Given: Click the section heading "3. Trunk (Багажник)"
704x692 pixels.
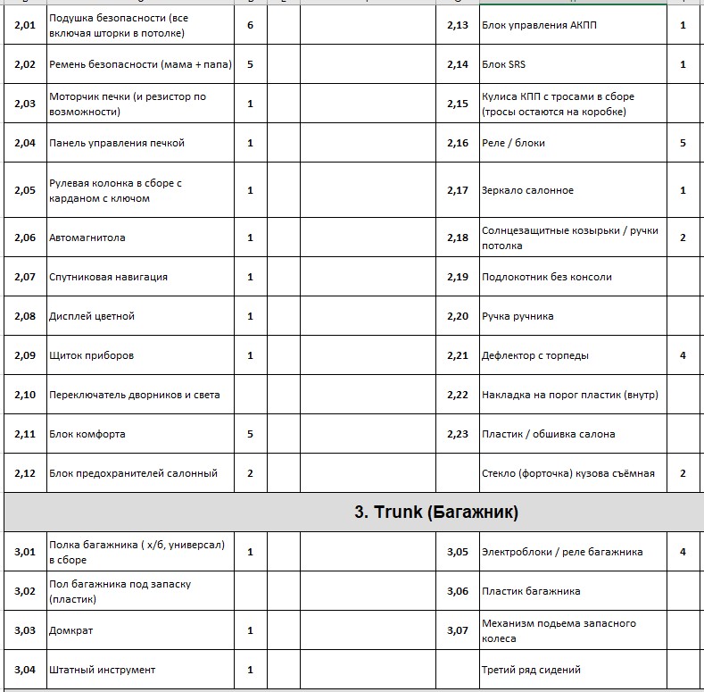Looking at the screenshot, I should pyautogui.click(x=437, y=513).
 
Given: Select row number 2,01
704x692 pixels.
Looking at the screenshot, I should pyautogui.click(x=25, y=25).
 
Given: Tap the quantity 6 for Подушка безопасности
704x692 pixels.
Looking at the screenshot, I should pyautogui.click(x=250, y=25).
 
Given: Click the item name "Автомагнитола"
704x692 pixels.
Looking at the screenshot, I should pyautogui.click(x=87, y=238).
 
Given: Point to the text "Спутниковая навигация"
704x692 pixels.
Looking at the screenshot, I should pyautogui.click(x=108, y=277).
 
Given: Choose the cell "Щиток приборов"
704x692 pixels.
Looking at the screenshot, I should pyautogui.click(x=92, y=355).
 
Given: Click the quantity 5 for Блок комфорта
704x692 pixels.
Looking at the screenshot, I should pyautogui.click(x=250, y=434).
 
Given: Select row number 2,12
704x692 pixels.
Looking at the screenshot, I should pyautogui.click(x=25, y=473).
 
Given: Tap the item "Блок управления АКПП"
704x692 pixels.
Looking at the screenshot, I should pyautogui.click(x=539, y=25).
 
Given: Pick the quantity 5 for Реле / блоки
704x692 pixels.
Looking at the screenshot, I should pyautogui.click(x=683, y=143).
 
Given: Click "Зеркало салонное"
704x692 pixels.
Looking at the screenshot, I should pyautogui.click(x=527, y=190).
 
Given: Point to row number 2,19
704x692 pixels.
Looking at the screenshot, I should pyautogui.click(x=458, y=277).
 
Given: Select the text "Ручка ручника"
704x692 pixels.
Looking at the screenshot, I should pyautogui.click(x=518, y=316).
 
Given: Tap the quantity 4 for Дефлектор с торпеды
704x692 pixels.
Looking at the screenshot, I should pyautogui.click(x=683, y=355).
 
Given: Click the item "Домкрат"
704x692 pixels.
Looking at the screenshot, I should pyautogui.click(x=71, y=630).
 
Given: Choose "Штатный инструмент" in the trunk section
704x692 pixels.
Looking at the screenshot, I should pyautogui.click(x=103, y=670).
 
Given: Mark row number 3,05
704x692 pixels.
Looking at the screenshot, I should pyautogui.click(x=458, y=552).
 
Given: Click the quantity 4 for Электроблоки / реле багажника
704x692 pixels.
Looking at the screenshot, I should pyautogui.click(x=683, y=552).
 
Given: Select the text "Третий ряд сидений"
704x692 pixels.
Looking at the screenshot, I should pyautogui.click(x=531, y=670).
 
